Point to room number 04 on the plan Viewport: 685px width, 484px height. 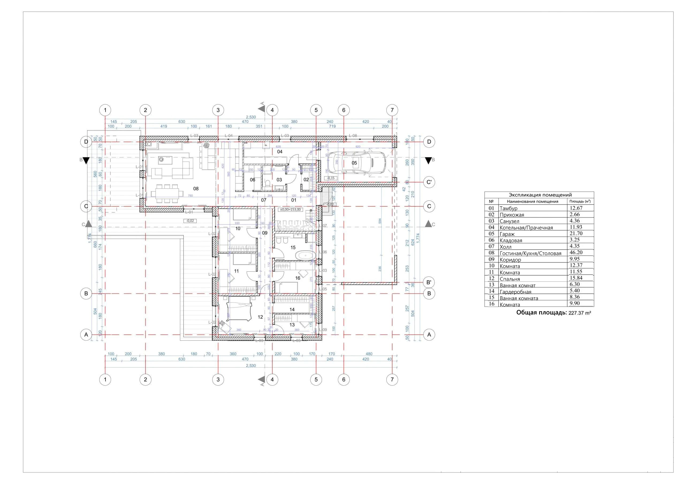point(280,152)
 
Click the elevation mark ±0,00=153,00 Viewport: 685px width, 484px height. point(291,210)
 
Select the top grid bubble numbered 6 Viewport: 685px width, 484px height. point(344,110)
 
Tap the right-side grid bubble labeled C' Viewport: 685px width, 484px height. point(429,182)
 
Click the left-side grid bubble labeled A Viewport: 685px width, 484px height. point(86,335)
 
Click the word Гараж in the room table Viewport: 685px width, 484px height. point(507,234)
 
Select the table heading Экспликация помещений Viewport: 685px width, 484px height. point(540,195)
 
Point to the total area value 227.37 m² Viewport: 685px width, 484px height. point(580,313)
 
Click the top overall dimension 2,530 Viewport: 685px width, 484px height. point(251,117)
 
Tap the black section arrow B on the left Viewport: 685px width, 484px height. point(86,161)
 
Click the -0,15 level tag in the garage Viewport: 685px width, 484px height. point(330,178)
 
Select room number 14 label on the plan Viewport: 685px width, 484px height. point(292,310)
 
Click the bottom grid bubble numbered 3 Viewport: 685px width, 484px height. point(218,379)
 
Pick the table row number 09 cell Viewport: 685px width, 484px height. point(491,259)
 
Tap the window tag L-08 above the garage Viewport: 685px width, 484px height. point(353,136)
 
